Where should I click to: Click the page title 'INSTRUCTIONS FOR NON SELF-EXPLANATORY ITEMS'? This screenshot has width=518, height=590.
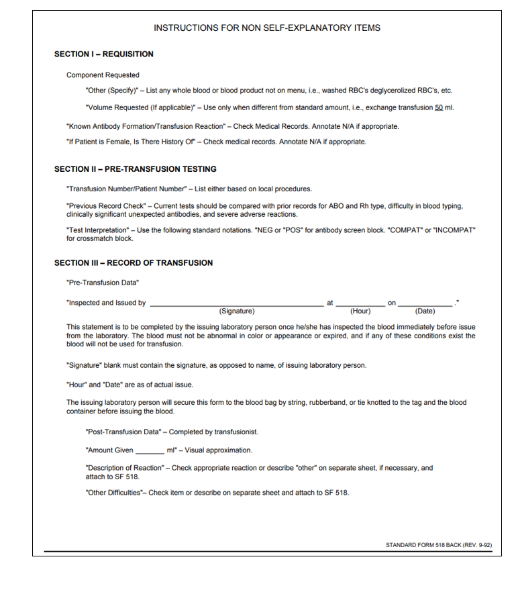(267, 28)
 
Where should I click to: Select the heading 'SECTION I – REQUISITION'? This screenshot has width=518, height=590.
(103, 54)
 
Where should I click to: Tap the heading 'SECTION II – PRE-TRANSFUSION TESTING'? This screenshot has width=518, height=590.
(135, 169)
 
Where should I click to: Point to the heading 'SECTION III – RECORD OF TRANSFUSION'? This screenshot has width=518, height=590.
(134, 263)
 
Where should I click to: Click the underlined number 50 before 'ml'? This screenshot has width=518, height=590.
(439, 109)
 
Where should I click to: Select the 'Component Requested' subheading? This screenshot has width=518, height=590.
(103, 75)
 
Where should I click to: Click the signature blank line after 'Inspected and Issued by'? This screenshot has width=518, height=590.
(236, 304)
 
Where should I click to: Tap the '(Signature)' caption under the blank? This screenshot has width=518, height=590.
(237, 311)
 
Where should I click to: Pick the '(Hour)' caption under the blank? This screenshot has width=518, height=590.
(360, 311)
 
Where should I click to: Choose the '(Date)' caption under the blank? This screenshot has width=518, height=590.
(425, 311)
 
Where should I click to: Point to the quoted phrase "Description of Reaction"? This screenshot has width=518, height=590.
(125, 468)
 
